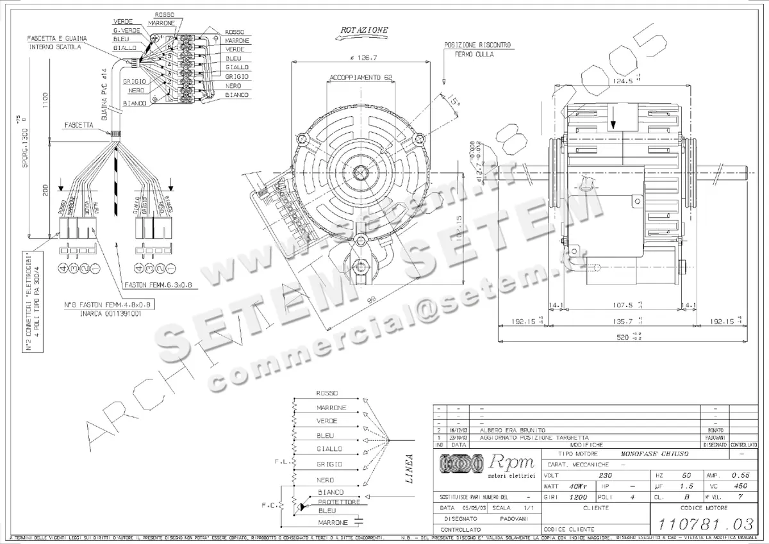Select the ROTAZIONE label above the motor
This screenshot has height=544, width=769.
[x=364, y=30]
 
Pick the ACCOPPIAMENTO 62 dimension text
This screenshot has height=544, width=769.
[x=361, y=78]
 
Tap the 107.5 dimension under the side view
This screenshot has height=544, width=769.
[x=618, y=306]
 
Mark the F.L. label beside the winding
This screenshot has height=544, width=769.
[x=280, y=460]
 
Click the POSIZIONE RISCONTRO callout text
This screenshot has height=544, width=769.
[x=477, y=45]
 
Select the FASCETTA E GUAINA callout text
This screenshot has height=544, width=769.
[x=57, y=38]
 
